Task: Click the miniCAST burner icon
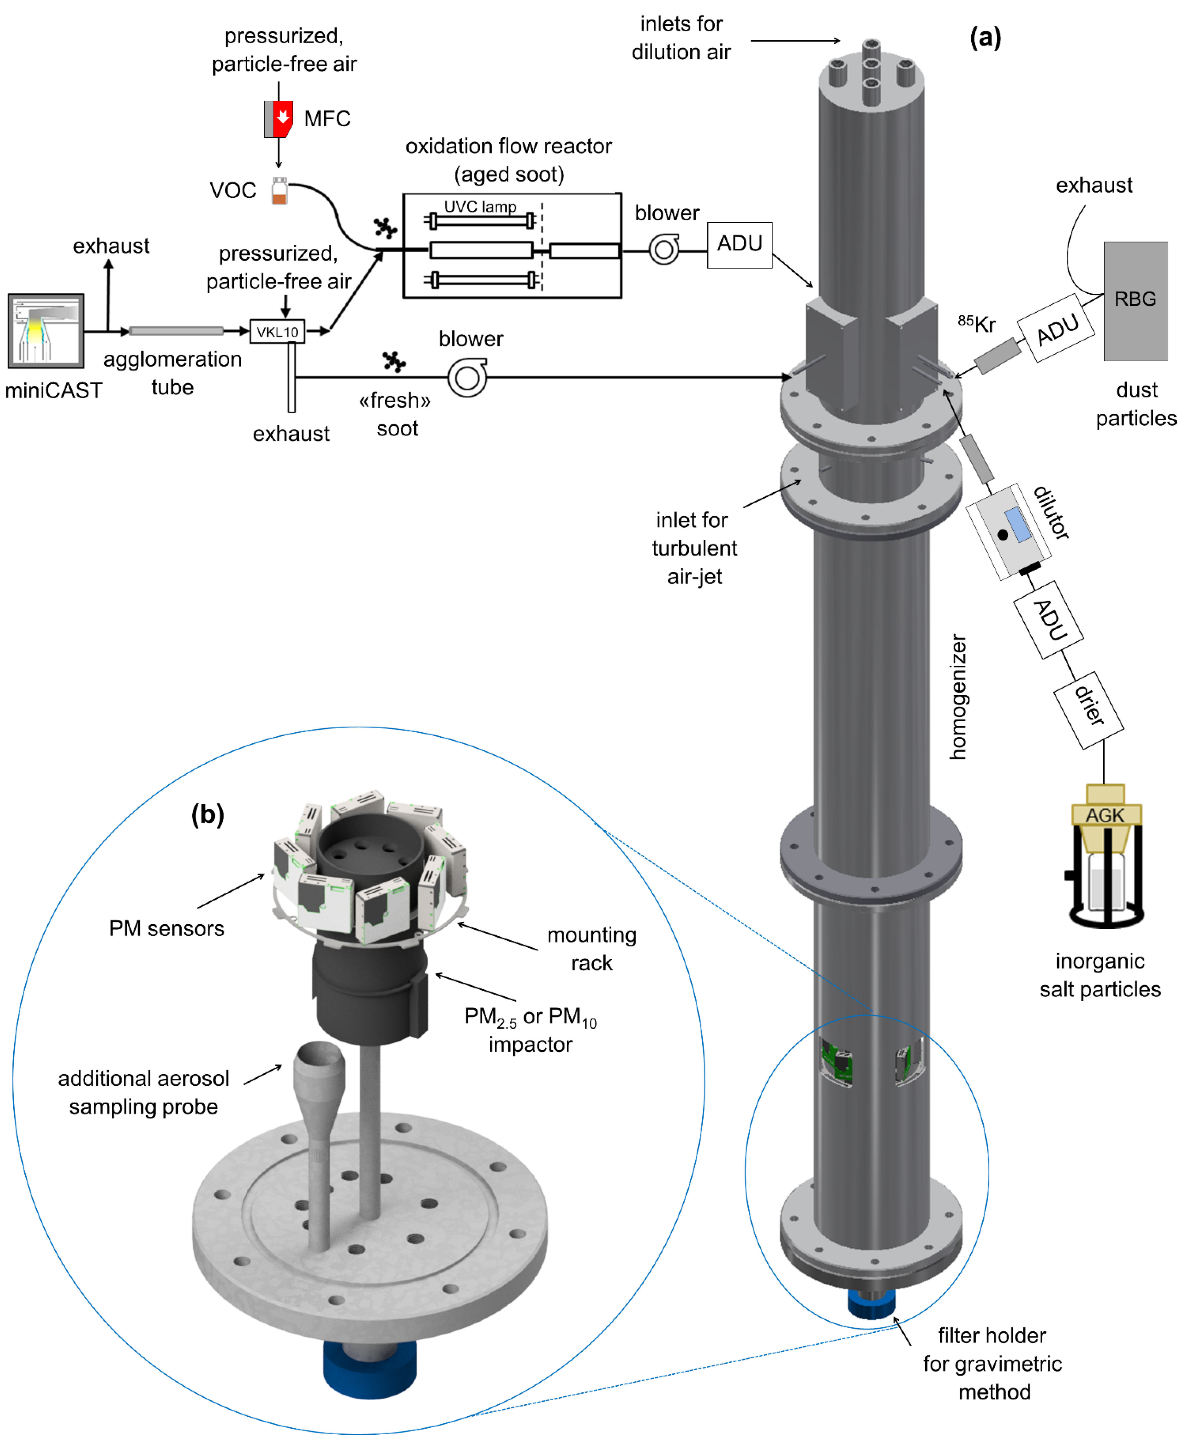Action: coord(46,331)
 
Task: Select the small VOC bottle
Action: coord(279,191)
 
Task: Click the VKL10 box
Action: coord(277,332)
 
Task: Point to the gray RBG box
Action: coord(1135,301)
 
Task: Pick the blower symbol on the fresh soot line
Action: coord(467,378)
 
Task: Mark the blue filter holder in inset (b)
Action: coord(370,1368)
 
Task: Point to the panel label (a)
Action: coord(985,38)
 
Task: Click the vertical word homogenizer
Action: coord(958,697)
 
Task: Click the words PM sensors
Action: coord(166,929)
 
